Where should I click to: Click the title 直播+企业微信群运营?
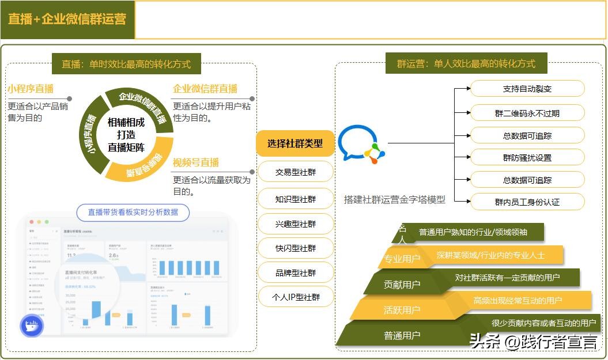tap(67, 19)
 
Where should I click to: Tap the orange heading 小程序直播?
tap(31, 89)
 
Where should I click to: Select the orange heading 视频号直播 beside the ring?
tap(196, 162)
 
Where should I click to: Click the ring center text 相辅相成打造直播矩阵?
tap(126, 134)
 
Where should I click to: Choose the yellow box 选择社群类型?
tap(295, 143)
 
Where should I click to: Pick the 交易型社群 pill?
tap(296, 172)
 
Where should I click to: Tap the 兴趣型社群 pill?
tap(296, 223)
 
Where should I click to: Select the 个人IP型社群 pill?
tap(296, 297)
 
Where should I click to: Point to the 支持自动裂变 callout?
tap(527, 89)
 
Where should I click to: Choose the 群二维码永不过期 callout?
tap(527, 113)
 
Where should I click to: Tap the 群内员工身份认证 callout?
tap(527, 202)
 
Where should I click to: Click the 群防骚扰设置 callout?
tap(527, 157)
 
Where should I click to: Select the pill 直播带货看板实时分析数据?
tap(133, 212)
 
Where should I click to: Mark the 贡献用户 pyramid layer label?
tap(402, 285)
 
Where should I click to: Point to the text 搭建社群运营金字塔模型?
tap(395, 200)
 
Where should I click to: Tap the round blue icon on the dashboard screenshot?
tap(32, 326)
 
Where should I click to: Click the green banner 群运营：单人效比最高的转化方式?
tap(466, 64)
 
